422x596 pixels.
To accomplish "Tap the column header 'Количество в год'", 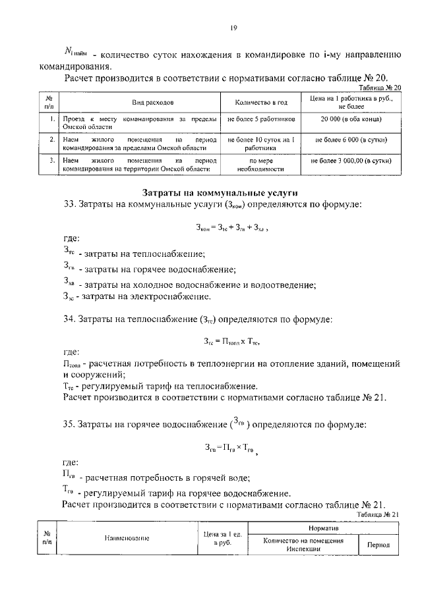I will click(261, 103).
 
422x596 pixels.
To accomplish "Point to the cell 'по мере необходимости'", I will click(261, 164).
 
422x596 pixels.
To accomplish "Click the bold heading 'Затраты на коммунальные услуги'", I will click(220, 192).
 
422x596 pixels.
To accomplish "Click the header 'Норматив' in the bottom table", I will click(323, 529).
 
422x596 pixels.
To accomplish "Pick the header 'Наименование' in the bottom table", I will click(127, 538).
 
